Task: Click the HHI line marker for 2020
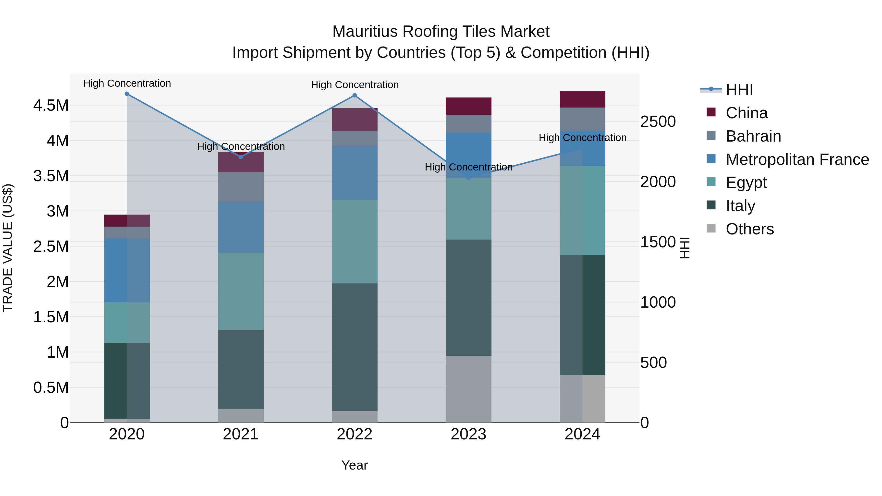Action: [127, 94]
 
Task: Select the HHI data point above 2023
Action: [468, 178]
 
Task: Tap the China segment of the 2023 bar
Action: [468, 106]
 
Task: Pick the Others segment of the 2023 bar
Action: [468, 389]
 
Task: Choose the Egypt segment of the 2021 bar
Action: [241, 291]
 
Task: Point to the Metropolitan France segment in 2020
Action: [127, 270]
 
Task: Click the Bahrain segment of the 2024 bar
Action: [582, 119]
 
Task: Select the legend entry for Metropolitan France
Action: [797, 159]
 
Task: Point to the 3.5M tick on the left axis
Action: [51, 176]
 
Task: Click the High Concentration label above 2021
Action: [241, 146]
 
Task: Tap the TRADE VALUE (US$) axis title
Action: [8, 248]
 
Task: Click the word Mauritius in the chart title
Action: [364, 32]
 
